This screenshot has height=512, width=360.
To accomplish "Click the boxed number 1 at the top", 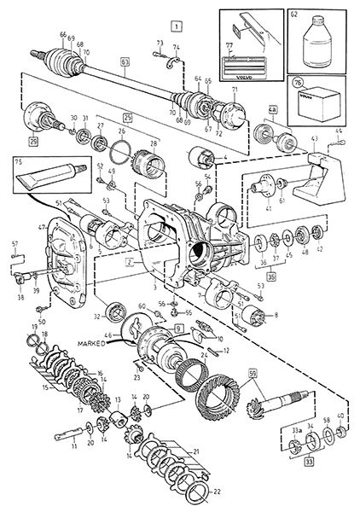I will (x=175, y=25).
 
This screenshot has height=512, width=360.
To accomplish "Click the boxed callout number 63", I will (x=125, y=85).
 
